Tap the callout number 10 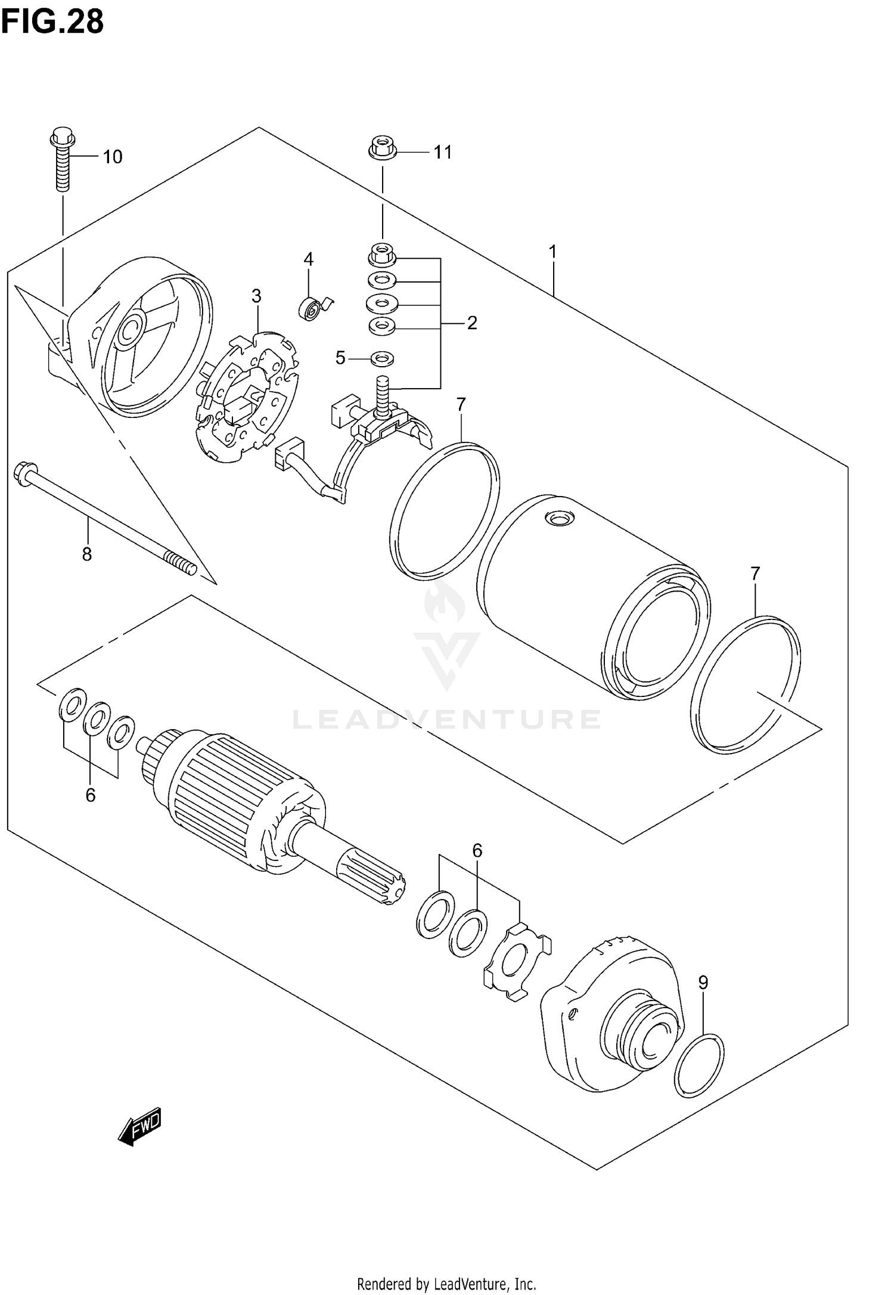(x=112, y=157)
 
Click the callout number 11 (x=442, y=153)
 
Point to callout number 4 (x=308, y=259)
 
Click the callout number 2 (x=472, y=323)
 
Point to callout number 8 (x=87, y=554)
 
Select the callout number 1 (x=552, y=252)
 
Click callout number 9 (x=703, y=982)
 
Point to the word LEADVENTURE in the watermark (x=446, y=720)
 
